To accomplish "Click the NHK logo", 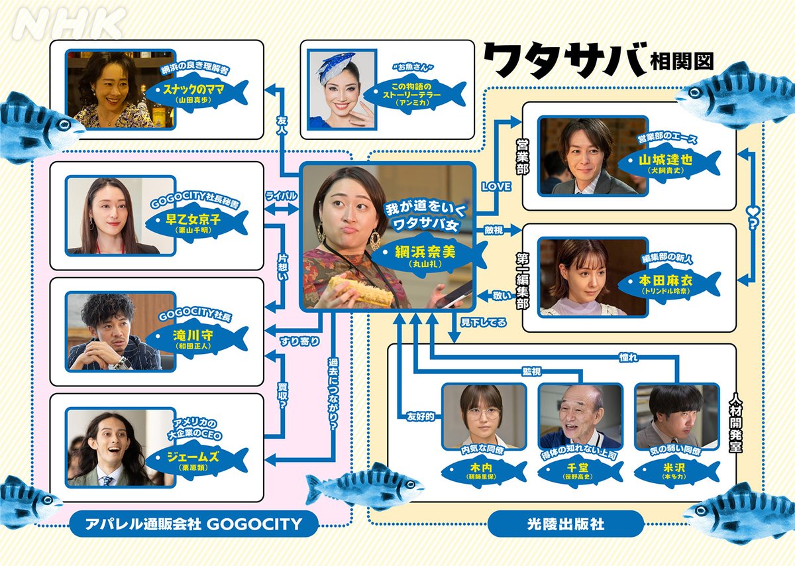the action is click(70, 25).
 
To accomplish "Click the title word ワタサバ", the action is click(564, 61).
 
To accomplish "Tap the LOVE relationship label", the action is click(496, 187).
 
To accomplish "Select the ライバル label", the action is click(281, 196).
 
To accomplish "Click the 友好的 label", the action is click(420, 416).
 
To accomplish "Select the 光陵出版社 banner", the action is click(565, 524).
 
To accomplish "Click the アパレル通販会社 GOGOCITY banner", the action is click(193, 524).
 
